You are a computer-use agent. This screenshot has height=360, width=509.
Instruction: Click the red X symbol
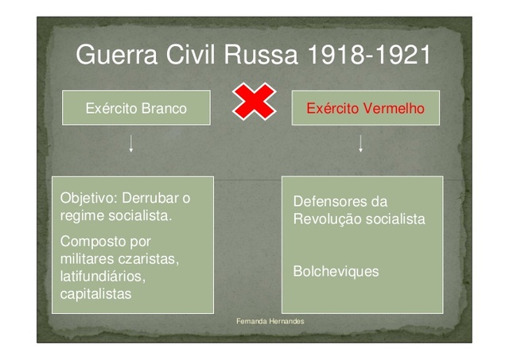click(254, 102)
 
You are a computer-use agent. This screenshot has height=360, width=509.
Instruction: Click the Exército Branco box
click(136, 108)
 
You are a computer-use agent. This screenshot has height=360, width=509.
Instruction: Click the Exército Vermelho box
click(365, 108)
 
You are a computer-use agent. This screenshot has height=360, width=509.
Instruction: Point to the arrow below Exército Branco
click(131, 144)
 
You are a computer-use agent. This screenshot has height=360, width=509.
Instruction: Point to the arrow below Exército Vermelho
click(360, 144)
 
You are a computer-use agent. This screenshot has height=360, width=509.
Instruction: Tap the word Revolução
click(326, 219)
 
